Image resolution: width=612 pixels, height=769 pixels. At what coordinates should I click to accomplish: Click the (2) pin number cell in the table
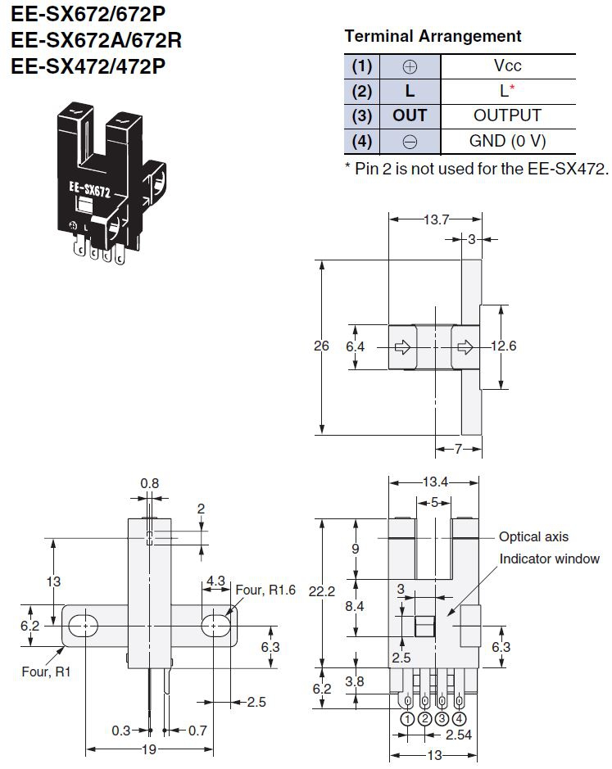(362, 91)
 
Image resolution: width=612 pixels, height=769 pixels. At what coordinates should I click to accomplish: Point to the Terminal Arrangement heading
(433, 37)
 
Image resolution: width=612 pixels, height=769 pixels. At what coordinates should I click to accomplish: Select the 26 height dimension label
(322, 346)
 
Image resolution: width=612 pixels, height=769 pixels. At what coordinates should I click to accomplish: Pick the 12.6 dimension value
(504, 346)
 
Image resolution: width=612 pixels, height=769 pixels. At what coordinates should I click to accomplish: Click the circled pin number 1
(408, 718)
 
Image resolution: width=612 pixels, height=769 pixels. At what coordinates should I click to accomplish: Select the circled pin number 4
(460, 718)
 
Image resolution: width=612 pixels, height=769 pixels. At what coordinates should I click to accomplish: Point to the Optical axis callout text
(533, 537)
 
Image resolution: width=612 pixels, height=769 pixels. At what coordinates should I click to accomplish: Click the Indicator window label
(550, 559)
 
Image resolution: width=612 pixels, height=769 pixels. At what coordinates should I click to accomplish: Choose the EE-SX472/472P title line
(88, 65)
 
